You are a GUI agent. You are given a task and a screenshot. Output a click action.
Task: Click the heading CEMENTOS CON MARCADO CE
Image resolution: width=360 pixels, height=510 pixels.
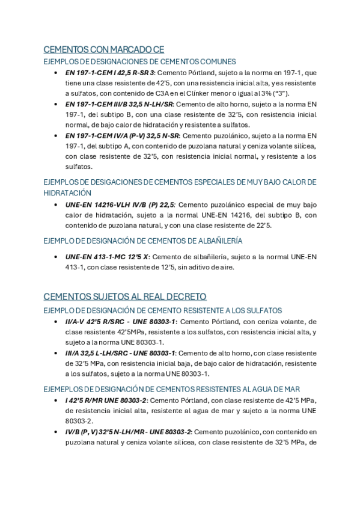(104, 49)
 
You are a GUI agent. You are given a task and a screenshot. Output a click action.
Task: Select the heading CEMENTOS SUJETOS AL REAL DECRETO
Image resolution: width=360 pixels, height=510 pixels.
(125, 296)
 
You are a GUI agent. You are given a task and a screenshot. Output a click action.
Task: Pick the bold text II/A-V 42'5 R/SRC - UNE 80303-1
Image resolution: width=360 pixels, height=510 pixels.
(120, 321)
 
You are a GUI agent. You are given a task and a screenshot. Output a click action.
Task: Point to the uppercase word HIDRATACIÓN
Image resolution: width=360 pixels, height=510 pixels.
(68, 193)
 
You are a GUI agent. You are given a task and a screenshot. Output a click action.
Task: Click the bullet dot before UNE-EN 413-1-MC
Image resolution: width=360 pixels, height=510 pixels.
(55, 257)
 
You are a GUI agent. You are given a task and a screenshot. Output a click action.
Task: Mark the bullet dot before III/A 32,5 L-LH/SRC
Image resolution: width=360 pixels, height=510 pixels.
(55, 353)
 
